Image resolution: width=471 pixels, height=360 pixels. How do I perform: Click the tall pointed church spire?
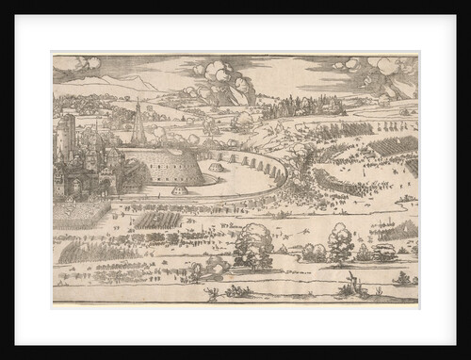click(x=138, y=123)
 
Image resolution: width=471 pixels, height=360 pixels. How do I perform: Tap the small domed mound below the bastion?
click(x=178, y=191)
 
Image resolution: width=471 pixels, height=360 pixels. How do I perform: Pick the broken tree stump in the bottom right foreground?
click(x=350, y=285)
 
